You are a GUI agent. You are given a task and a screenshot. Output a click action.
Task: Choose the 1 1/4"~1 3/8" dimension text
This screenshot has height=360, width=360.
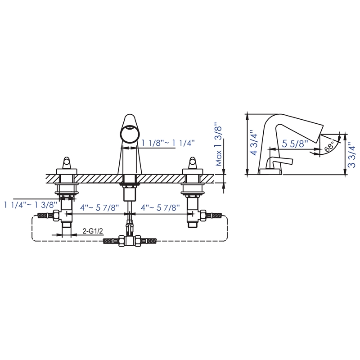(31, 204)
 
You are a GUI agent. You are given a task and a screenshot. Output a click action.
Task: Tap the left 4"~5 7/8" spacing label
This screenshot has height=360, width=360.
(99, 208)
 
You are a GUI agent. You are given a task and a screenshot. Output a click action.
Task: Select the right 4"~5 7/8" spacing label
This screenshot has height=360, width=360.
(160, 208)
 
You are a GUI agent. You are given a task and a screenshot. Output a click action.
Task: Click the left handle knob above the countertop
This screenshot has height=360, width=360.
(67, 162)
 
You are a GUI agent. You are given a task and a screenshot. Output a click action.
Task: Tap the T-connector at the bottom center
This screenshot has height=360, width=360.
(130, 240)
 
